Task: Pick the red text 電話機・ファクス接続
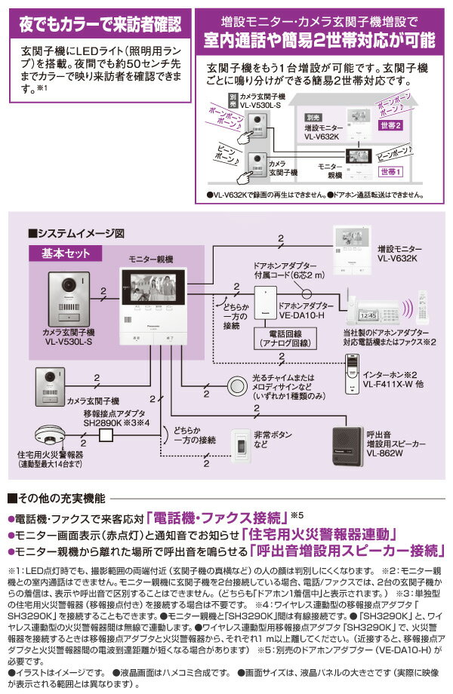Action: [218, 518]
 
